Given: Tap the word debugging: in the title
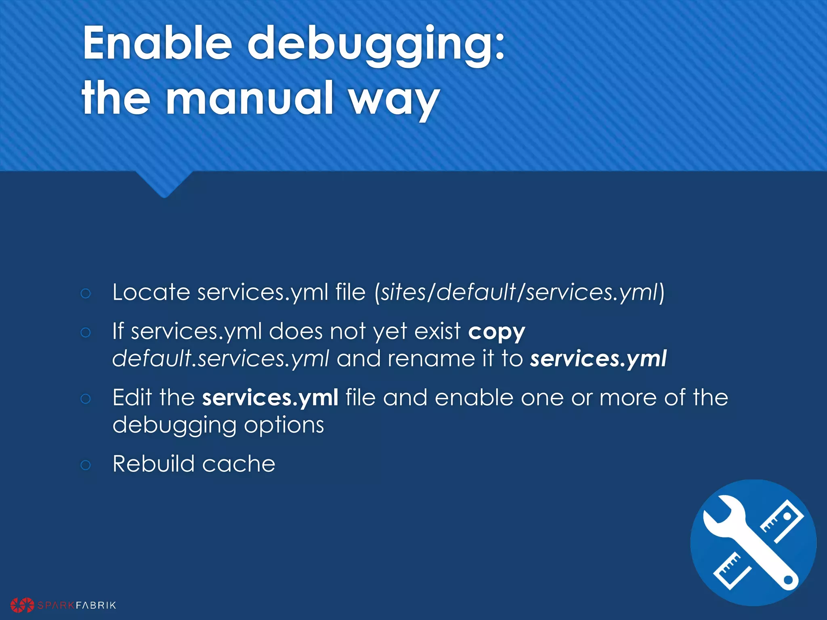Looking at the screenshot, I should (376, 44).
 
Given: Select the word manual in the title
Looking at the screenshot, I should (250, 98).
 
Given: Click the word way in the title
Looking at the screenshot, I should (394, 100).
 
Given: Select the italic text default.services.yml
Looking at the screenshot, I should (220, 358).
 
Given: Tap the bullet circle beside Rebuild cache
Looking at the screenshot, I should (86, 465).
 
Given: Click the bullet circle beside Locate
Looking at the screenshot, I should (86, 293).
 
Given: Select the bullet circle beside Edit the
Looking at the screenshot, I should (86, 399).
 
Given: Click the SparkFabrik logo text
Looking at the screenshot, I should (77, 605).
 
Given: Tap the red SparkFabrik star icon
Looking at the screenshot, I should (22, 605).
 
